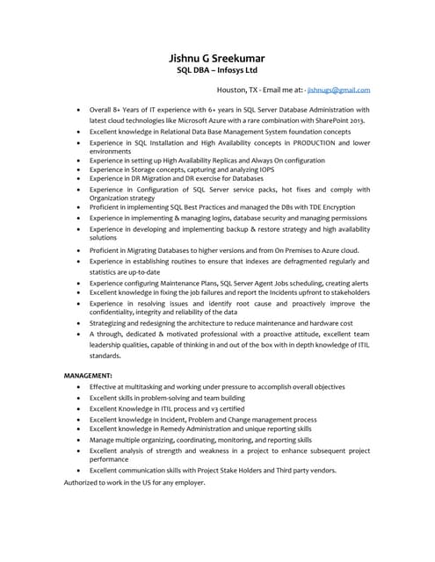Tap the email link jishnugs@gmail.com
(338, 90)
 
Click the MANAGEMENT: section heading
(88, 376)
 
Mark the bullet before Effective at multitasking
(80, 386)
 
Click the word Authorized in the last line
(83, 483)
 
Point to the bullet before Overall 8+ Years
(80, 111)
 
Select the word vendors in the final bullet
(320, 471)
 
